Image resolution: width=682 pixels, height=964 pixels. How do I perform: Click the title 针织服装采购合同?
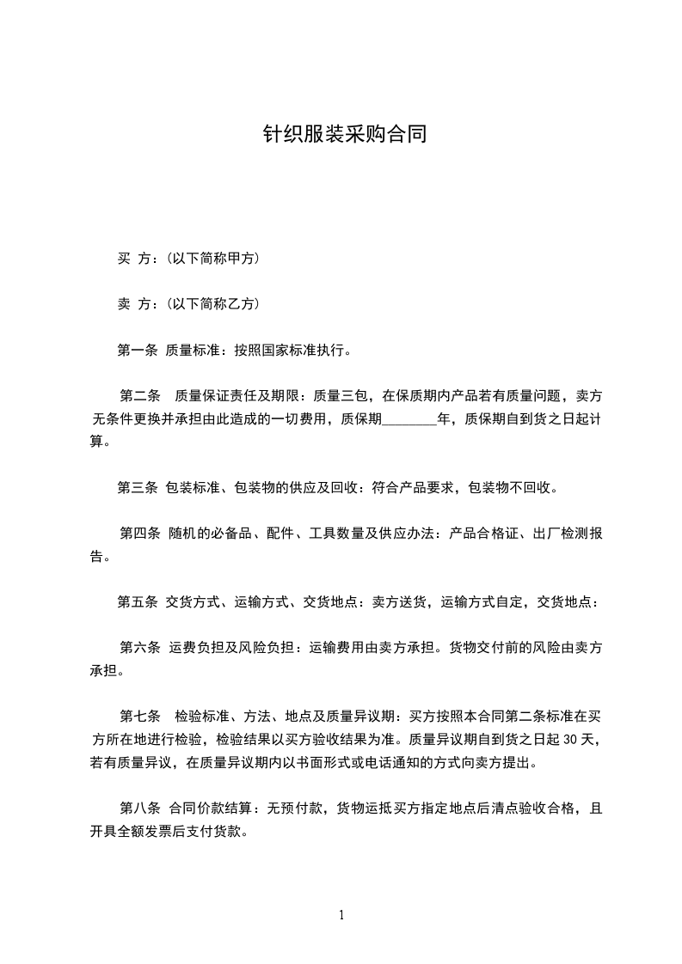[x=344, y=135]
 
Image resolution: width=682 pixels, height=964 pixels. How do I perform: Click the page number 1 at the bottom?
[x=341, y=915]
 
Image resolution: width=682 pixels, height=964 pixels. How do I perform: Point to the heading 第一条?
[x=137, y=350]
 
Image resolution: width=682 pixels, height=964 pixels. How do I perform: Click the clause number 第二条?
[x=140, y=396]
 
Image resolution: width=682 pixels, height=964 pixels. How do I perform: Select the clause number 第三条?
[x=137, y=488]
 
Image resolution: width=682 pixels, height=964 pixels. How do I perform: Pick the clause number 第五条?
[x=137, y=602]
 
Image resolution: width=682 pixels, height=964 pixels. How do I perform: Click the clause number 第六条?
[x=140, y=648]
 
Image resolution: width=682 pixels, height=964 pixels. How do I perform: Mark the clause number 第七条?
[x=140, y=716]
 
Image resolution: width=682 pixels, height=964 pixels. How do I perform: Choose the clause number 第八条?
[x=140, y=808]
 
